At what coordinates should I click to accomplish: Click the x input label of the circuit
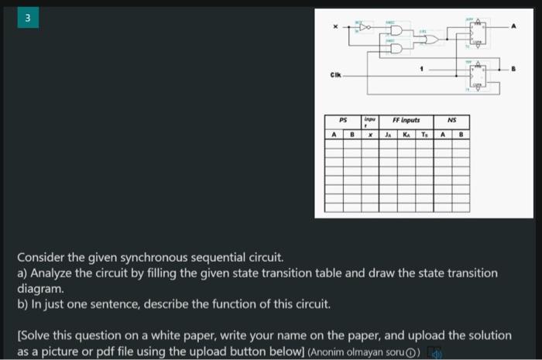(335, 28)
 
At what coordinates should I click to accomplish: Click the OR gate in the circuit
(432, 39)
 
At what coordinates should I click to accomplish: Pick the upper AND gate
(397, 33)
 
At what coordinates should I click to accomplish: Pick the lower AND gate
(397, 47)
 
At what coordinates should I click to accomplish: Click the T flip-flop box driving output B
(478, 75)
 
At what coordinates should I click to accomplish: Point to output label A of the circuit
(511, 26)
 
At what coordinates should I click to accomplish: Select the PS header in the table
(344, 121)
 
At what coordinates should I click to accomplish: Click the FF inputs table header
(406, 121)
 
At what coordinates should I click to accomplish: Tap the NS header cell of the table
(452, 121)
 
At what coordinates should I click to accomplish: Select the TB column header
(424, 134)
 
